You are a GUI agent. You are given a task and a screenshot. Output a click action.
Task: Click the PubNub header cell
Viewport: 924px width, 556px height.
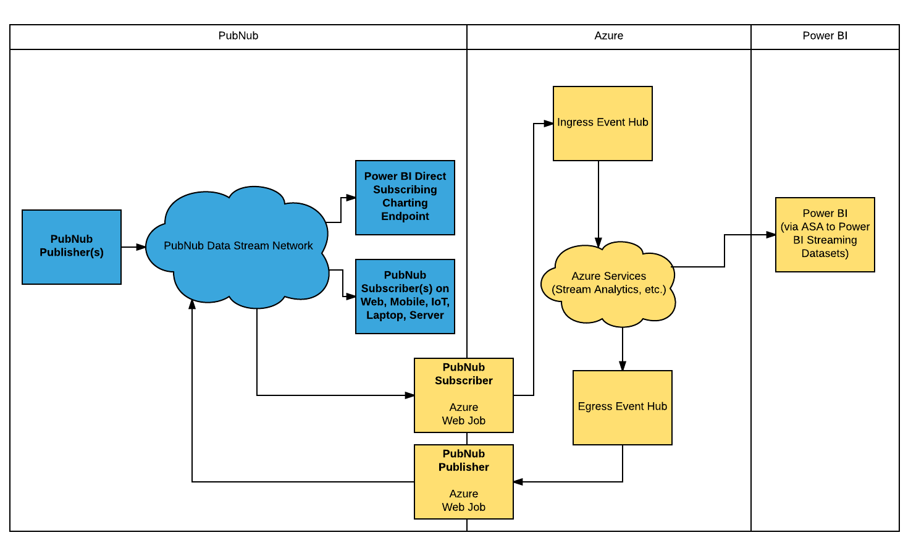[238, 36]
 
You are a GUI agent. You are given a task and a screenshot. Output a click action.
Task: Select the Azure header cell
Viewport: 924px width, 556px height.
[608, 36]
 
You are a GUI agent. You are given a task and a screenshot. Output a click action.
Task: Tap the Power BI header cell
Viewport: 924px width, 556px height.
[825, 36]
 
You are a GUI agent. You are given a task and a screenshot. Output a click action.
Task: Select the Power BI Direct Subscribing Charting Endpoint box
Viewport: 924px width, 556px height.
[405, 197]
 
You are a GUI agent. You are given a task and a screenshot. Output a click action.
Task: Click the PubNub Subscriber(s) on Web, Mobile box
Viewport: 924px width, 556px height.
[405, 296]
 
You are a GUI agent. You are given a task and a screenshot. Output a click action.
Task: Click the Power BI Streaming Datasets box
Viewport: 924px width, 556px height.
[825, 234]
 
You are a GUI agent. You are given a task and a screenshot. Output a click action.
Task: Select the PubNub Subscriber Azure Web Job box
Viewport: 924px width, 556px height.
[463, 395]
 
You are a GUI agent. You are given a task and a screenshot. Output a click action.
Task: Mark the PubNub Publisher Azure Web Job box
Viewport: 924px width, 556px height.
[463, 481]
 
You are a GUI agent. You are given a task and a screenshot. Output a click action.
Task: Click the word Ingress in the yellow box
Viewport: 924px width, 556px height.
[574, 122]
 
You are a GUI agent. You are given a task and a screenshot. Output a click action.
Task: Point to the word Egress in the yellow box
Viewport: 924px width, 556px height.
[594, 406]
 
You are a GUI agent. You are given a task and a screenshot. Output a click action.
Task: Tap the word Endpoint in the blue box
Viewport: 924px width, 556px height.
[405, 216]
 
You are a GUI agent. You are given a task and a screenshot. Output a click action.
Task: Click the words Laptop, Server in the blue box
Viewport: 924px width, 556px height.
[405, 315]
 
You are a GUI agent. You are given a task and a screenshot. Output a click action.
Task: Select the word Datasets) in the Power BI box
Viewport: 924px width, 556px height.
[825, 253]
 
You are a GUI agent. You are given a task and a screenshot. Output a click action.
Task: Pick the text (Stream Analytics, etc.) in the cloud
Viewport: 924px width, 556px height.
[608, 290]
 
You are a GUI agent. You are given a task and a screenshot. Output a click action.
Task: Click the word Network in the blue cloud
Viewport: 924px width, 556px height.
[292, 246]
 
